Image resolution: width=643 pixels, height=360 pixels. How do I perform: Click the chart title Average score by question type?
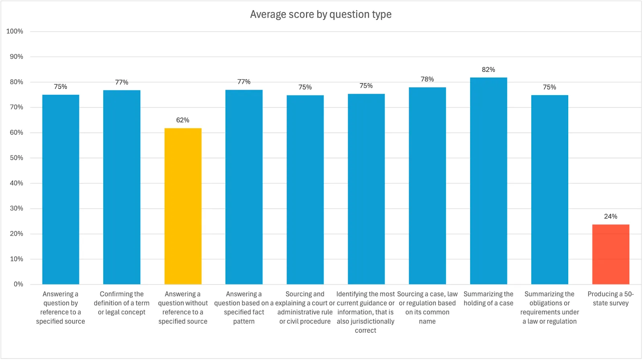[x=321, y=14]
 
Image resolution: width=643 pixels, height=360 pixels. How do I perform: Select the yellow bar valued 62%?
[x=183, y=206]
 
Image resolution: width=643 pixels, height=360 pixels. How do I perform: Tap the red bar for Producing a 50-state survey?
[x=610, y=254]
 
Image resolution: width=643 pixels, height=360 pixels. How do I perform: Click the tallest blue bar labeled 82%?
[x=488, y=181]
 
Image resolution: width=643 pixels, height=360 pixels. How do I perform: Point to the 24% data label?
[x=610, y=217]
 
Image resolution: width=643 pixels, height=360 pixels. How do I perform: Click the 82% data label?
[x=488, y=70]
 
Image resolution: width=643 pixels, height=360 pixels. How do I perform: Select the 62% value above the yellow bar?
[x=183, y=120]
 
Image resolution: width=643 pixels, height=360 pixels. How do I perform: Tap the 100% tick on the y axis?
[x=15, y=31]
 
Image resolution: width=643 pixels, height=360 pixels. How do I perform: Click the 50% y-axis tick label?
[x=16, y=158]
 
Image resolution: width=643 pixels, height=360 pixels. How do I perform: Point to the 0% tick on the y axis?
[x=18, y=284]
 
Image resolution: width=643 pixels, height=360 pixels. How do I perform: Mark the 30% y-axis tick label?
[x=16, y=209]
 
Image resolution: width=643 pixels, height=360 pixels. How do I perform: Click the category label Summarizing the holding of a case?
[x=488, y=299]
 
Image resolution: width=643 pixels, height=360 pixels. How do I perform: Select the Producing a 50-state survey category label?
[x=610, y=299]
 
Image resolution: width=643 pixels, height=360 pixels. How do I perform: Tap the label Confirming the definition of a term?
[x=122, y=303]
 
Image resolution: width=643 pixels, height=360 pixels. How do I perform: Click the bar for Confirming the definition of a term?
[x=122, y=187]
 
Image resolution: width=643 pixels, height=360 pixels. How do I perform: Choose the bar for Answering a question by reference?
[x=61, y=189]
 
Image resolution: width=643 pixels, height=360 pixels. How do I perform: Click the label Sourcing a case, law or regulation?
[x=427, y=307]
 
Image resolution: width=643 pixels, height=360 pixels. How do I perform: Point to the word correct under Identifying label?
[x=365, y=330]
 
